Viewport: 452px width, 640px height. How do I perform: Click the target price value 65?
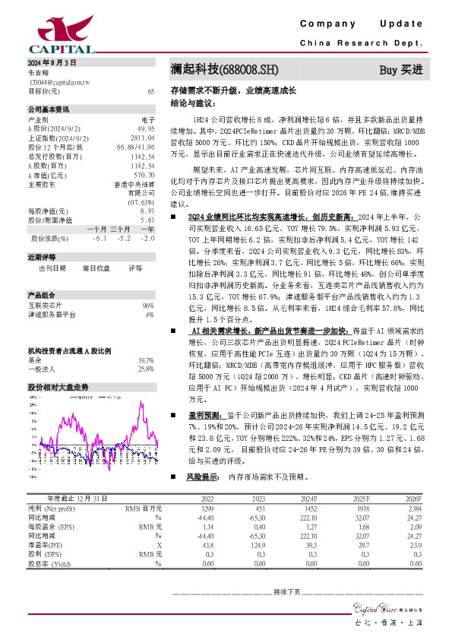coord(150,90)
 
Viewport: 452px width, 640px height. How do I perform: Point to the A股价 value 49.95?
coord(146,128)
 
